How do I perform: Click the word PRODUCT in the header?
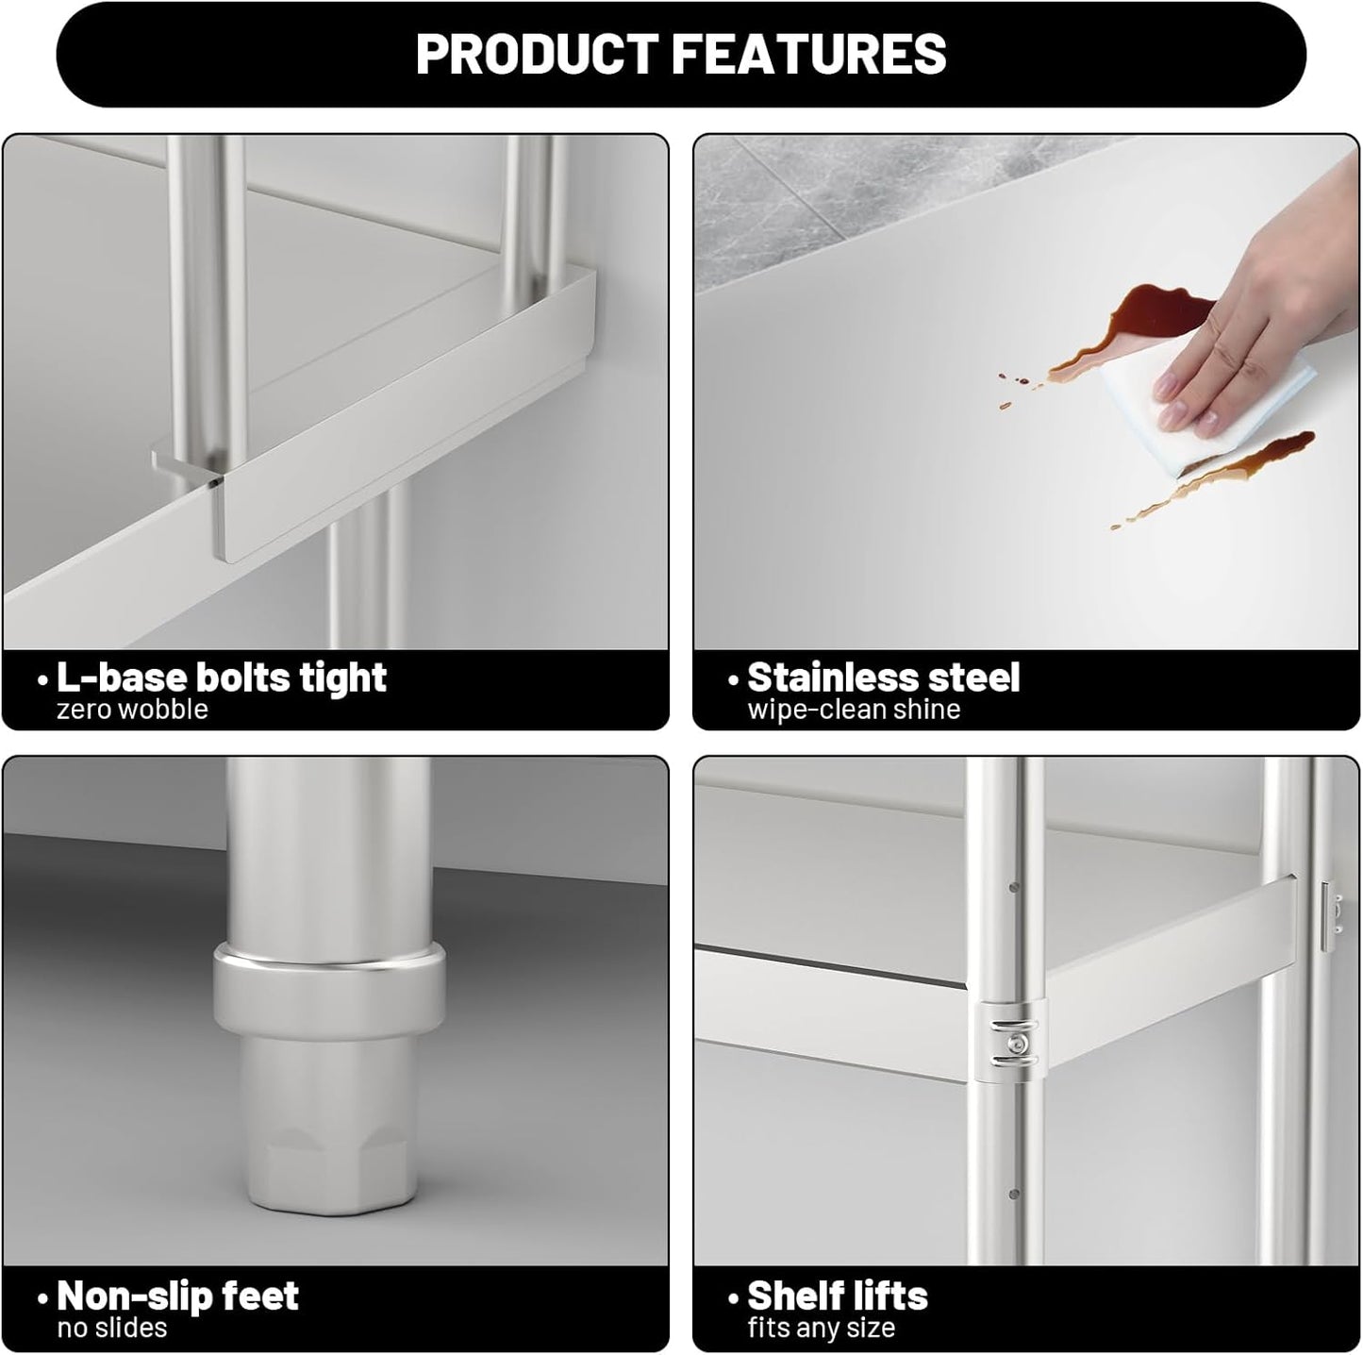pos(537,54)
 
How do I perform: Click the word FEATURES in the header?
pos(809,54)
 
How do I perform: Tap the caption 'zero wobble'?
pos(132,709)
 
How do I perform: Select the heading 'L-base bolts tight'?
pos(222,677)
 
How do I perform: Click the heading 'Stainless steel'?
pos(884,677)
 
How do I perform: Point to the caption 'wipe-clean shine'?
pos(854,709)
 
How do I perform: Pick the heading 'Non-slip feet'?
pos(177,1296)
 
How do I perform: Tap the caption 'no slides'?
pos(111,1328)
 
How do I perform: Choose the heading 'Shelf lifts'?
pos(838,1296)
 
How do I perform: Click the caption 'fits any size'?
pos(822,1329)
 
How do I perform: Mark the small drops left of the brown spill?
pos(1017,389)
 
